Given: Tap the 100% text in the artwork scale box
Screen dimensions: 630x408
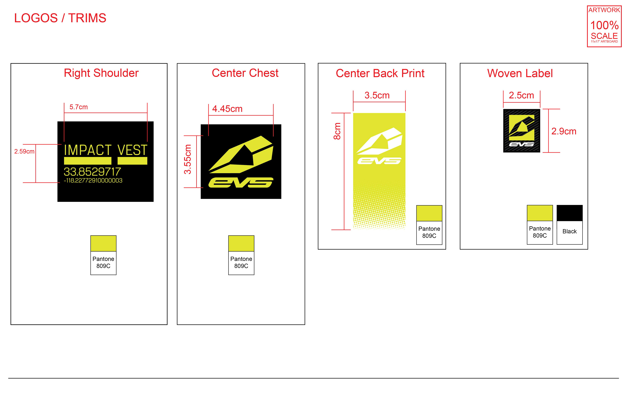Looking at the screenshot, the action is (x=604, y=25).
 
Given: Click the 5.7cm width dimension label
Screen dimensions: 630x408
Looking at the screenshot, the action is (x=79, y=107).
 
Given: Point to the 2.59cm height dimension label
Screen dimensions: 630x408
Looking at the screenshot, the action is (x=24, y=152).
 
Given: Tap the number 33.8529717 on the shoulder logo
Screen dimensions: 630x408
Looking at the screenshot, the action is (x=92, y=172).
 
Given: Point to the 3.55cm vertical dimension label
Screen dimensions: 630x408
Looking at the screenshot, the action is (x=188, y=159).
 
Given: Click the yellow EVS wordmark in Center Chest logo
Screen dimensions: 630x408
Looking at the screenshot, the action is (x=241, y=183).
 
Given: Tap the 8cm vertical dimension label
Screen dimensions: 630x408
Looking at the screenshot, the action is (x=337, y=131).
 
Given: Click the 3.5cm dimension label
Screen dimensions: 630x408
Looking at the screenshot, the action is (x=377, y=95).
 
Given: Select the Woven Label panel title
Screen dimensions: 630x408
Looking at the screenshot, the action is (x=520, y=73).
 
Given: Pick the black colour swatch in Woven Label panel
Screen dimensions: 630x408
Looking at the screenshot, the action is (x=569, y=213).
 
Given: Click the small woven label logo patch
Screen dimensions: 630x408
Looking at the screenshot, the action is (x=521, y=131).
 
